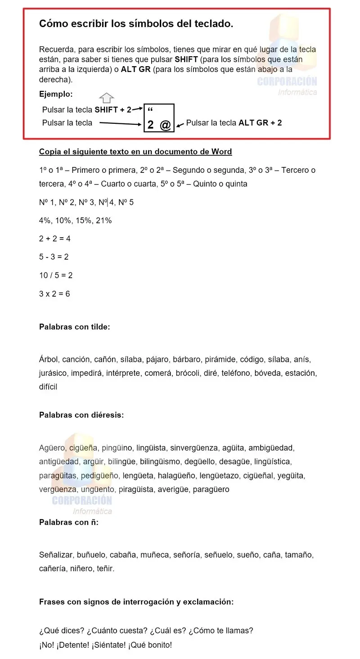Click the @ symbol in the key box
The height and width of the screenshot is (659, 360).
coord(166,125)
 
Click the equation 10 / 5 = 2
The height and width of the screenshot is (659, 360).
coord(56,275)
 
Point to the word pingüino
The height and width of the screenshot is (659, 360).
coord(117,448)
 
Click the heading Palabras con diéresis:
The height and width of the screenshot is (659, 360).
coord(81,415)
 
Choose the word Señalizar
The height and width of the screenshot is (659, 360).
coord(56,555)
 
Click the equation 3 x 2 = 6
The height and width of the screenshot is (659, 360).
coord(54,294)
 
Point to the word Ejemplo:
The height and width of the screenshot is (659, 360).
coord(56,95)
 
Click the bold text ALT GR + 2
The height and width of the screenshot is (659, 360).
coord(260,122)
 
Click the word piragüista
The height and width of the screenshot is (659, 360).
coord(136,489)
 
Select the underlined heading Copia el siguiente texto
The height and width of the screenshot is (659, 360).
coord(135,152)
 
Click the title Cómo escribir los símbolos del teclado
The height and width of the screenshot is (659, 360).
coord(136,24)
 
